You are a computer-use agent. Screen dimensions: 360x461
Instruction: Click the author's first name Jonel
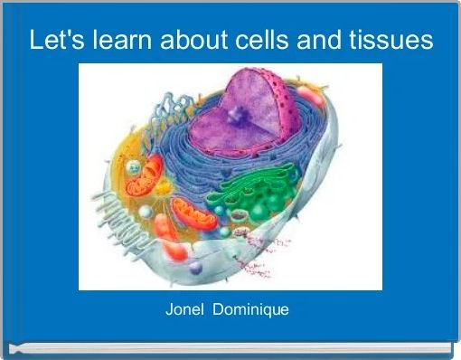pyautogui.click(x=185, y=310)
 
